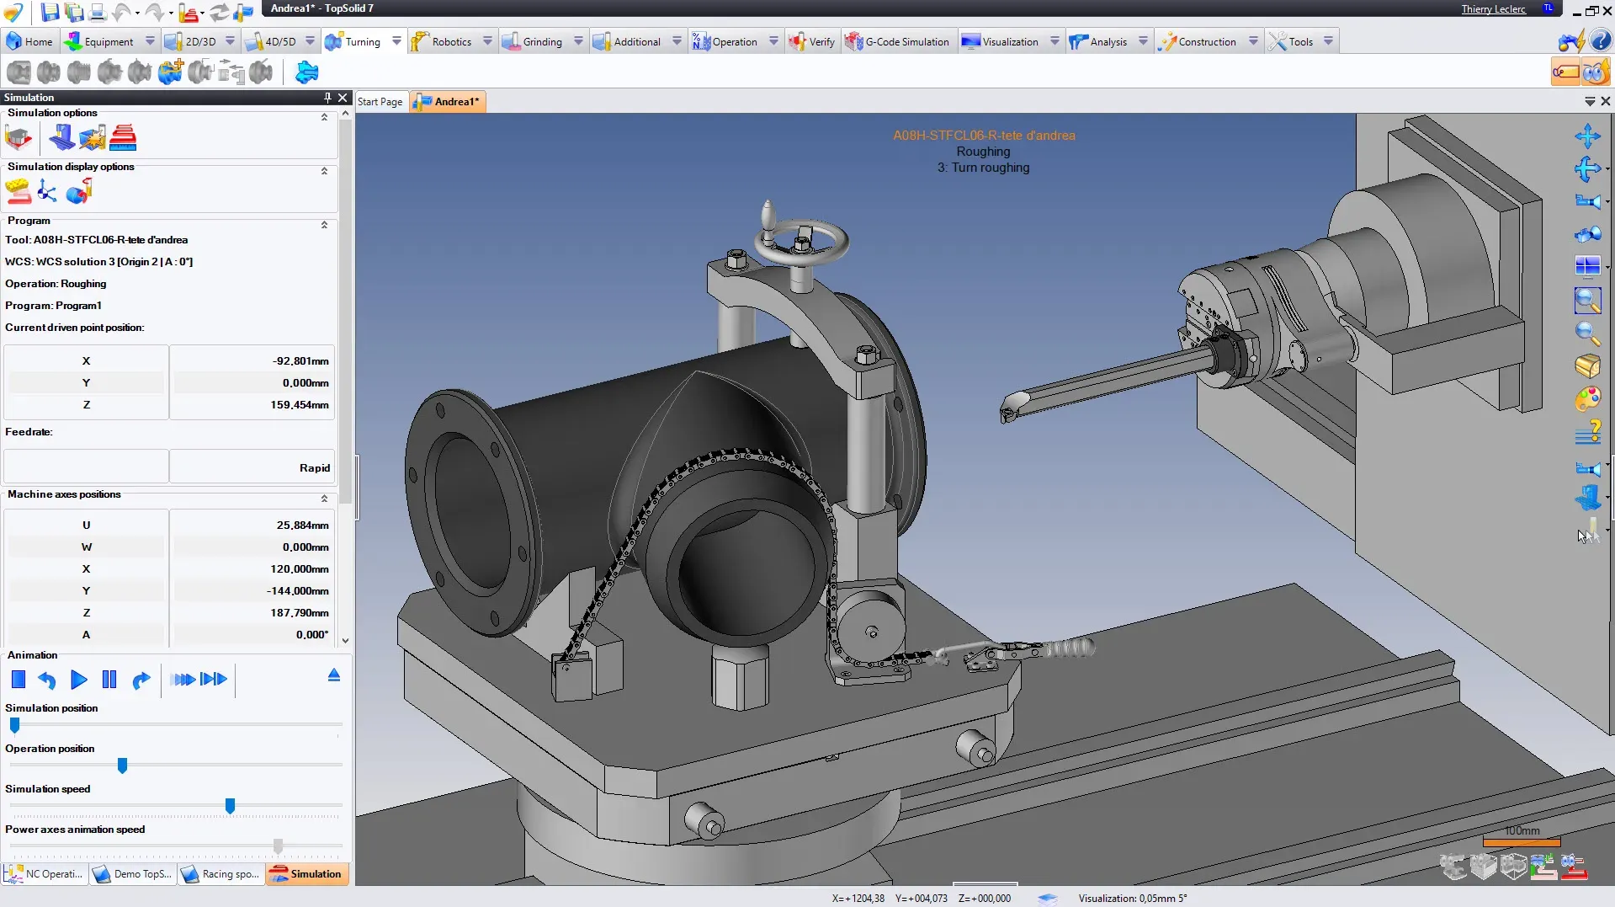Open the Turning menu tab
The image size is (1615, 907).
[362, 41]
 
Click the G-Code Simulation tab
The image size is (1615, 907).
[906, 41]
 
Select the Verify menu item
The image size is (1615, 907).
[821, 41]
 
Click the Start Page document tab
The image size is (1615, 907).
[380, 102]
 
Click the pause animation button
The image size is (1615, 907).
[109, 680]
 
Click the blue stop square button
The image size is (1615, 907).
[19, 680]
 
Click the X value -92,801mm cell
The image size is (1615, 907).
[252, 360]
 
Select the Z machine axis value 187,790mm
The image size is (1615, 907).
[252, 612]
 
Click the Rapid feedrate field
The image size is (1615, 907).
[252, 467]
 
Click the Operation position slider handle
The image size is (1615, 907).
[122, 766]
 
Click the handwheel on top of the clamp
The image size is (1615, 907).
[801, 241]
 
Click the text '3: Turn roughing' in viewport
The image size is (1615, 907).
[983, 168]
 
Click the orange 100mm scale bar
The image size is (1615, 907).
[1521, 841]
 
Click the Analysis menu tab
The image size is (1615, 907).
[1108, 41]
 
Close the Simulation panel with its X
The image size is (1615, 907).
[343, 98]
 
